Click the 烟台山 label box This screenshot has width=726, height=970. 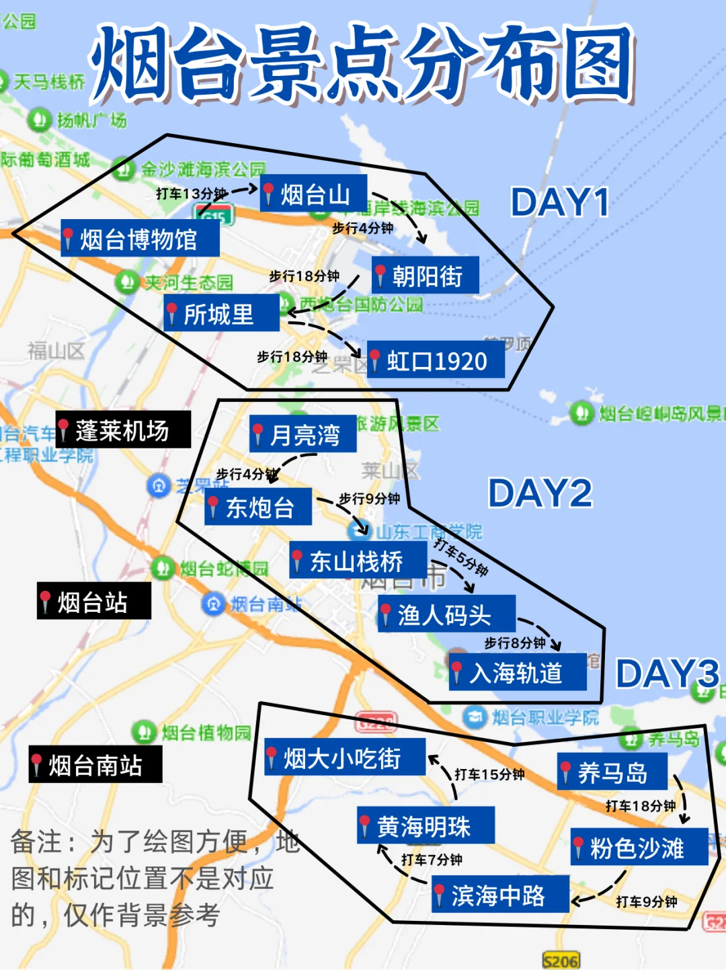tap(313, 194)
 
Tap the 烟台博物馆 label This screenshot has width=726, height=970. tap(140, 239)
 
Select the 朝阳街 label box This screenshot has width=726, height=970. tap(426, 276)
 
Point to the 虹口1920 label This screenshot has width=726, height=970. tap(436, 360)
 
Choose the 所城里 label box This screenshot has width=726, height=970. tap(221, 313)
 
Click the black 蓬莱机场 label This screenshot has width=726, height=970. tap(123, 430)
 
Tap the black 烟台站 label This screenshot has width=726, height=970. tap(93, 602)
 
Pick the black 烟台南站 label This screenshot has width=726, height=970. tap(95, 765)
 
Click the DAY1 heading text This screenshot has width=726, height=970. tap(560, 202)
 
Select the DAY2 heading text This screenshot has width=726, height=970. tap(540, 493)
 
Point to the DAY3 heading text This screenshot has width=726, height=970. tap(667, 673)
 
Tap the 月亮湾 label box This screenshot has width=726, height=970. tap(303, 435)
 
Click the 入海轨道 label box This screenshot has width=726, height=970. tap(517, 672)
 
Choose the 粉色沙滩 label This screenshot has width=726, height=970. tap(639, 848)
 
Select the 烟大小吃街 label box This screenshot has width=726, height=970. tap(344, 758)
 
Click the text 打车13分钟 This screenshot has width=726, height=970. tap(191, 194)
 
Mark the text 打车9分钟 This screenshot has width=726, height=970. tap(647, 901)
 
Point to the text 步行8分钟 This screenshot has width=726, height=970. tap(514, 643)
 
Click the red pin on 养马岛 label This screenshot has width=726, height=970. tap(566, 771)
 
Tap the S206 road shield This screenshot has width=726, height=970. tap(561, 961)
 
